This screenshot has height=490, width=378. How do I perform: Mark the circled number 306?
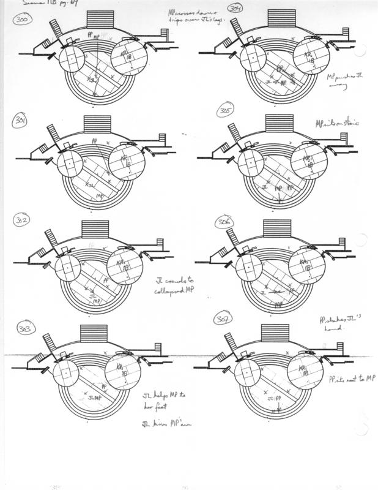tap(223, 224)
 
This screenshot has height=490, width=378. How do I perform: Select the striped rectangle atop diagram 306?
tap(276, 230)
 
